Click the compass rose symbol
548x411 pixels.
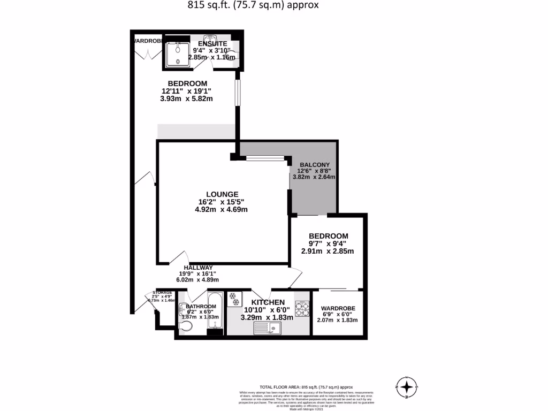click(407, 386)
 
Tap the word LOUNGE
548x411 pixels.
click(222, 194)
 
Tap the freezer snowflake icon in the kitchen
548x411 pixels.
click(233, 299)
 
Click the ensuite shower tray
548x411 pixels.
click(176, 54)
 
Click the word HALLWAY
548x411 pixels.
click(198, 268)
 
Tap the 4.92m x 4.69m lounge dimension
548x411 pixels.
click(221, 209)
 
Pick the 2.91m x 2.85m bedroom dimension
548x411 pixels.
click(327, 251)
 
